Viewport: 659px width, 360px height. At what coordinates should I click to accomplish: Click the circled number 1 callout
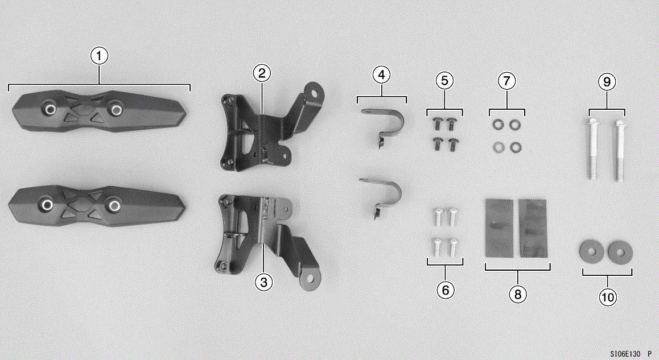(x=100, y=56)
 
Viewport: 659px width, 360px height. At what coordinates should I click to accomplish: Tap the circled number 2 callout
(x=261, y=73)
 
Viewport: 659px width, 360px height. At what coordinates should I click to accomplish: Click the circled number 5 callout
(x=444, y=81)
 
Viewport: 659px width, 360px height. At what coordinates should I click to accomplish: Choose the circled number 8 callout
(x=517, y=294)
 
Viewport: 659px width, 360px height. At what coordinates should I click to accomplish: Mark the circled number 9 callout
(x=607, y=82)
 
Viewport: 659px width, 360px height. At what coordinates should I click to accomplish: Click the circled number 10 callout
(x=607, y=297)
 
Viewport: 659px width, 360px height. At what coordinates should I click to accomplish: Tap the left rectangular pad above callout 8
(x=499, y=226)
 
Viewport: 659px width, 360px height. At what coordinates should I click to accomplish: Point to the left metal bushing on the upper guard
(x=50, y=109)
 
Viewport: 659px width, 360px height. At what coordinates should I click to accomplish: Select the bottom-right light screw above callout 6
(x=454, y=246)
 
